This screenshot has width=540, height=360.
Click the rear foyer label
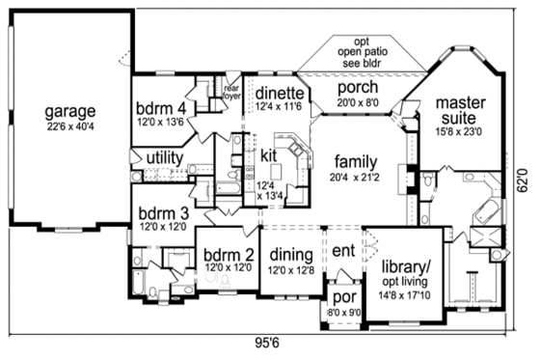click(x=231, y=89)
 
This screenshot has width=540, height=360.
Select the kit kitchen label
click(x=269, y=154)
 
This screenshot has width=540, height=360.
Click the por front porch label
click(x=343, y=299)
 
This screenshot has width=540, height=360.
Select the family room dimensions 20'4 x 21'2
click(x=356, y=178)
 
